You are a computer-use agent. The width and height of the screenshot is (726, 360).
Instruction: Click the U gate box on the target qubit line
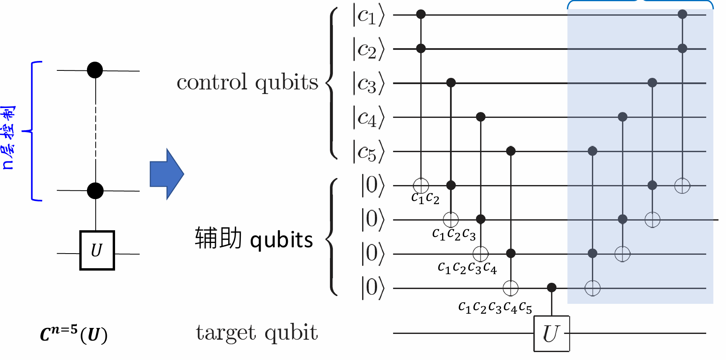pyautogui.click(x=552, y=333)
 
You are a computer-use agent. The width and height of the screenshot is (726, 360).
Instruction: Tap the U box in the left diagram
pyautogui.click(x=97, y=250)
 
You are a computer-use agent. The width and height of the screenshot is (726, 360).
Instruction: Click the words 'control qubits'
pyautogui.click(x=248, y=82)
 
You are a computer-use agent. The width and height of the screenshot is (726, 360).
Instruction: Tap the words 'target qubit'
pyautogui.click(x=257, y=333)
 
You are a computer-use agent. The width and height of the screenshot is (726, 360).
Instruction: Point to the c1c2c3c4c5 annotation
pyautogui.click(x=495, y=307)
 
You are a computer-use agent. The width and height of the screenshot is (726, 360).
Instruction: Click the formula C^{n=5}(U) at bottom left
pyautogui.click(x=74, y=334)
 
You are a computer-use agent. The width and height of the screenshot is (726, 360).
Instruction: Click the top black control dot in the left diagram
pyautogui.click(x=95, y=70)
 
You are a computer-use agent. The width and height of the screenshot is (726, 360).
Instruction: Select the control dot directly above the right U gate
pyautogui.click(x=552, y=288)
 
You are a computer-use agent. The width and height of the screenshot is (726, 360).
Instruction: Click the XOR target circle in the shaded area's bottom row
pyautogui.click(x=592, y=288)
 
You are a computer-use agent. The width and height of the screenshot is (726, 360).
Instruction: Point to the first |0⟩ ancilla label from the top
pyautogui.click(x=372, y=185)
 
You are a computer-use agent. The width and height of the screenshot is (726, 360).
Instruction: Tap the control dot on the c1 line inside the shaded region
pyautogui.click(x=683, y=15)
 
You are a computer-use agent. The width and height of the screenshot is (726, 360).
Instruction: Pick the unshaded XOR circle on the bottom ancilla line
pyautogui.click(x=510, y=288)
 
